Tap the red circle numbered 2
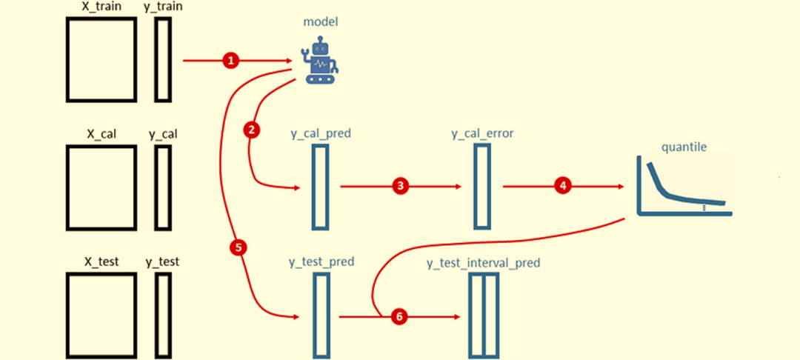coord(252,130)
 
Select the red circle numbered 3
coord(401,186)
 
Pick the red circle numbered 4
coord(564,186)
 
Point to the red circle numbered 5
coord(239,248)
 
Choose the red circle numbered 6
coord(399,316)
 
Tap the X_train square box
coord(101,59)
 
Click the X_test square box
coord(101,314)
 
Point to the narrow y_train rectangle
coord(163,59)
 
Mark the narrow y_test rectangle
coord(163,314)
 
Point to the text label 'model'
coord(321,21)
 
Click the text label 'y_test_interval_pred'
coord(483,262)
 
